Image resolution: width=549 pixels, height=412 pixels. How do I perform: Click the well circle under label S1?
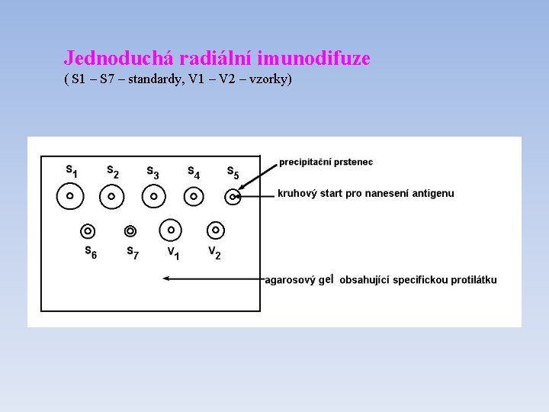coord(69,196)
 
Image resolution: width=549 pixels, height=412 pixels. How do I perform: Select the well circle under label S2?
coord(111,196)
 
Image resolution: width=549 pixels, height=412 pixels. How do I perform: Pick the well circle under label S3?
coord(153,196)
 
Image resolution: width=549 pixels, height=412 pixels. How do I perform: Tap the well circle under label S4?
coord(194,196)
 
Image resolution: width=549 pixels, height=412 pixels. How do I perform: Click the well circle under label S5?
coord(233,197)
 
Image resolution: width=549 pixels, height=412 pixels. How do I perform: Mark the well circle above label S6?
coord(88,230)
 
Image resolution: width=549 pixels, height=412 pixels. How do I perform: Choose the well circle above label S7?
coord(130,230)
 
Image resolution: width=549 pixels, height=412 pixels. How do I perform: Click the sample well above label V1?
coord(171,229)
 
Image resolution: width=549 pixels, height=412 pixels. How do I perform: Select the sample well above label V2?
coord(215,229)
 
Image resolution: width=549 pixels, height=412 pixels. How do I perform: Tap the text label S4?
coord(194,172)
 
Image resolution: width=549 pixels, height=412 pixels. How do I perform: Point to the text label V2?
coord(215,253)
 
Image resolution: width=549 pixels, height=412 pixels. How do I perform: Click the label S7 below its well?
coord(132,253)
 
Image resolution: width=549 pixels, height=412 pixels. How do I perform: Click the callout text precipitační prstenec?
coord(326,162)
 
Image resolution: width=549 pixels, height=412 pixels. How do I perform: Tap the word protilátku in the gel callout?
coord(473,280)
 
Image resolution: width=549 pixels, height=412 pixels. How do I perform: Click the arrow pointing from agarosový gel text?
coord(213,279)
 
